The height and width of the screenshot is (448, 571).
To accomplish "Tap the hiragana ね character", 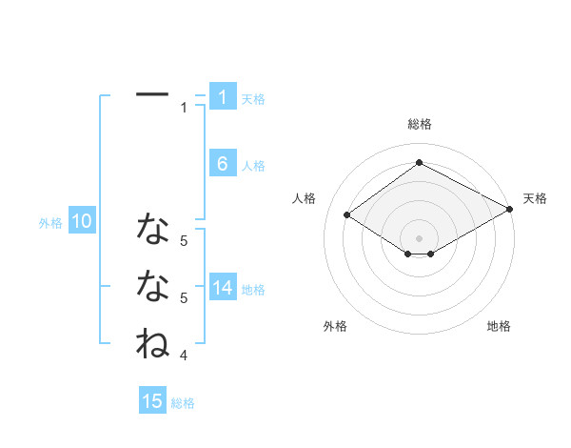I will click(x=152, y=342).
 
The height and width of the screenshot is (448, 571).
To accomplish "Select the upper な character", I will click(x=152, y=229).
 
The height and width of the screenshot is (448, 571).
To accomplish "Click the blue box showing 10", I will click(x=82, y=222).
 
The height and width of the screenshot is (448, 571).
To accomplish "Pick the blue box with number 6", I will click(x=222, y=164).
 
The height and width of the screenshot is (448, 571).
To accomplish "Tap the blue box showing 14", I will click(x=222, y=288).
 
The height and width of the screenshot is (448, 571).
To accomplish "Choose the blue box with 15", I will click(x=152, y=401).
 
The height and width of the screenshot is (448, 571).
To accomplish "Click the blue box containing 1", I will click(x=222, y=96).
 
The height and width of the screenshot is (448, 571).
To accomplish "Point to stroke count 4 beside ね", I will click(x=184, y=356).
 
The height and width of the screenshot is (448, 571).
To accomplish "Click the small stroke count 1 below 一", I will click(x=184, y=108).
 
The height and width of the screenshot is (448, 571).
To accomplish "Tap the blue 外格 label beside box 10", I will click(x=50, y=223).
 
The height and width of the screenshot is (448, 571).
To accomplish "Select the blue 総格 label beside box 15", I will click(x=183, y=403).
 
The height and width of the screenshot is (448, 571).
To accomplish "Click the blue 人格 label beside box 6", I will click(x=253, y=166).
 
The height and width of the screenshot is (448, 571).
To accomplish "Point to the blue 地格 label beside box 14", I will click(x=253, y=290).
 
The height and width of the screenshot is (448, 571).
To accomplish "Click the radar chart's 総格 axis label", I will click(x=419, y=124).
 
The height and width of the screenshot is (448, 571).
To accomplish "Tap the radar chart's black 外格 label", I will click(x=335, y=326).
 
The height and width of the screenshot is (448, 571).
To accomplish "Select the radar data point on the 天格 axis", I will click(x=511, y=210).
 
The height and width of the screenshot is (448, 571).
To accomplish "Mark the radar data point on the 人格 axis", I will click(x=347, y=215).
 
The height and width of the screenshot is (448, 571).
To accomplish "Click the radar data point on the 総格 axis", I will click(x=419, y=163).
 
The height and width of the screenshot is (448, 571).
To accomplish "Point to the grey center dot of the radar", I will click(x=419, y=237).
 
